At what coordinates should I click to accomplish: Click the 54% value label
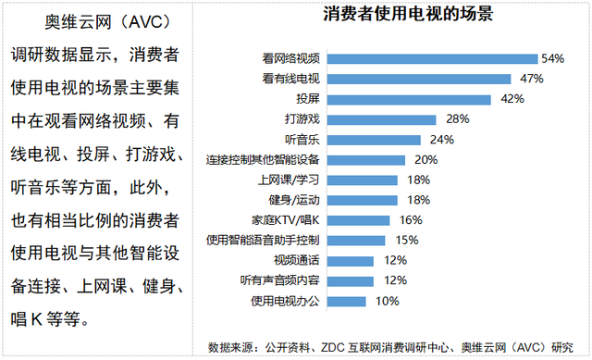553,58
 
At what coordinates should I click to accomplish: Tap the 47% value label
531,79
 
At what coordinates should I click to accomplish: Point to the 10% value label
387,301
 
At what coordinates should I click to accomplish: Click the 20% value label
425,159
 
